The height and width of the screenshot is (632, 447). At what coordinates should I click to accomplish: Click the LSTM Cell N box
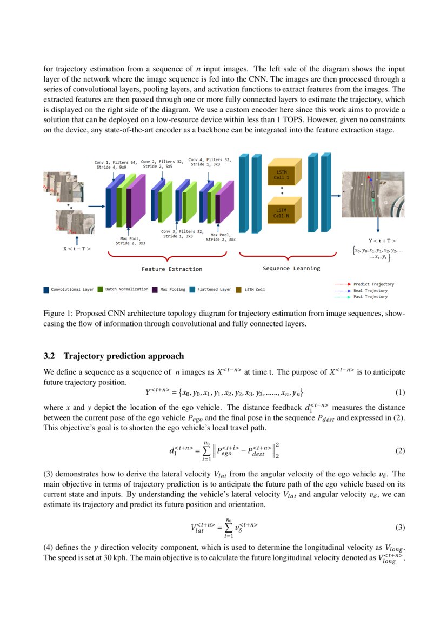281,212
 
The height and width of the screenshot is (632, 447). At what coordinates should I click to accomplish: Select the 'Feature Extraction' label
172,269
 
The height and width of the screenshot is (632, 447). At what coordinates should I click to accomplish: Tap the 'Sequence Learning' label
291,268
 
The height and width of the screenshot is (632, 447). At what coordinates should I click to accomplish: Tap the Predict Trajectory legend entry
373,284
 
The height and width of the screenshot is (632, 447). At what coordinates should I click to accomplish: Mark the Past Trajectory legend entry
370,297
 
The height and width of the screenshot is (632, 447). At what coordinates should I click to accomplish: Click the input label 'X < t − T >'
77,249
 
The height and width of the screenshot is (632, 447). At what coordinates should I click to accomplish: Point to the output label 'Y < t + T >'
378,240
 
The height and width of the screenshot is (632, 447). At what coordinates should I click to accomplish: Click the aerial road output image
372,194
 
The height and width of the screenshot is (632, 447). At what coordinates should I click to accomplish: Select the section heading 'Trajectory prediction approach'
124,356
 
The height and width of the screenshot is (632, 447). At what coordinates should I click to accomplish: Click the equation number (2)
400,450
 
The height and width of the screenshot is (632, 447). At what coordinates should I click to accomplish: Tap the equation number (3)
400,527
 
